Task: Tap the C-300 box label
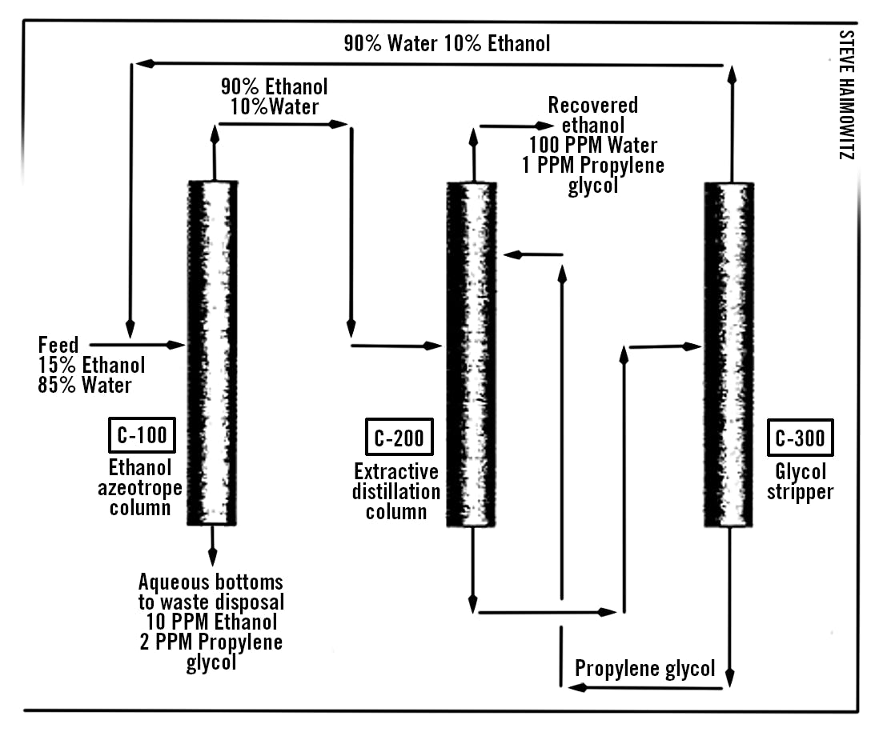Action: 800,438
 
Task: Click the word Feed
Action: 58,346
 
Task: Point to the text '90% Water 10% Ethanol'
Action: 447,43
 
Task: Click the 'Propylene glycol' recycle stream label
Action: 645,669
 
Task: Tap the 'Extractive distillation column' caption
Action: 397,490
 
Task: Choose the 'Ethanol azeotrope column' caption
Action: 140,487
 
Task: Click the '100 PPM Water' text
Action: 593,145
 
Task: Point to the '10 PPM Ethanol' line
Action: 212,622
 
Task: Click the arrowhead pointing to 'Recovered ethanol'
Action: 546,126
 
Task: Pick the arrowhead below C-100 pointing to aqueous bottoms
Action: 212,558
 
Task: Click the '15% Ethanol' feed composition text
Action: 92,366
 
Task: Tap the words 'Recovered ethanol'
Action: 593,115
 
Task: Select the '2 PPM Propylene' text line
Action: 212,642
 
